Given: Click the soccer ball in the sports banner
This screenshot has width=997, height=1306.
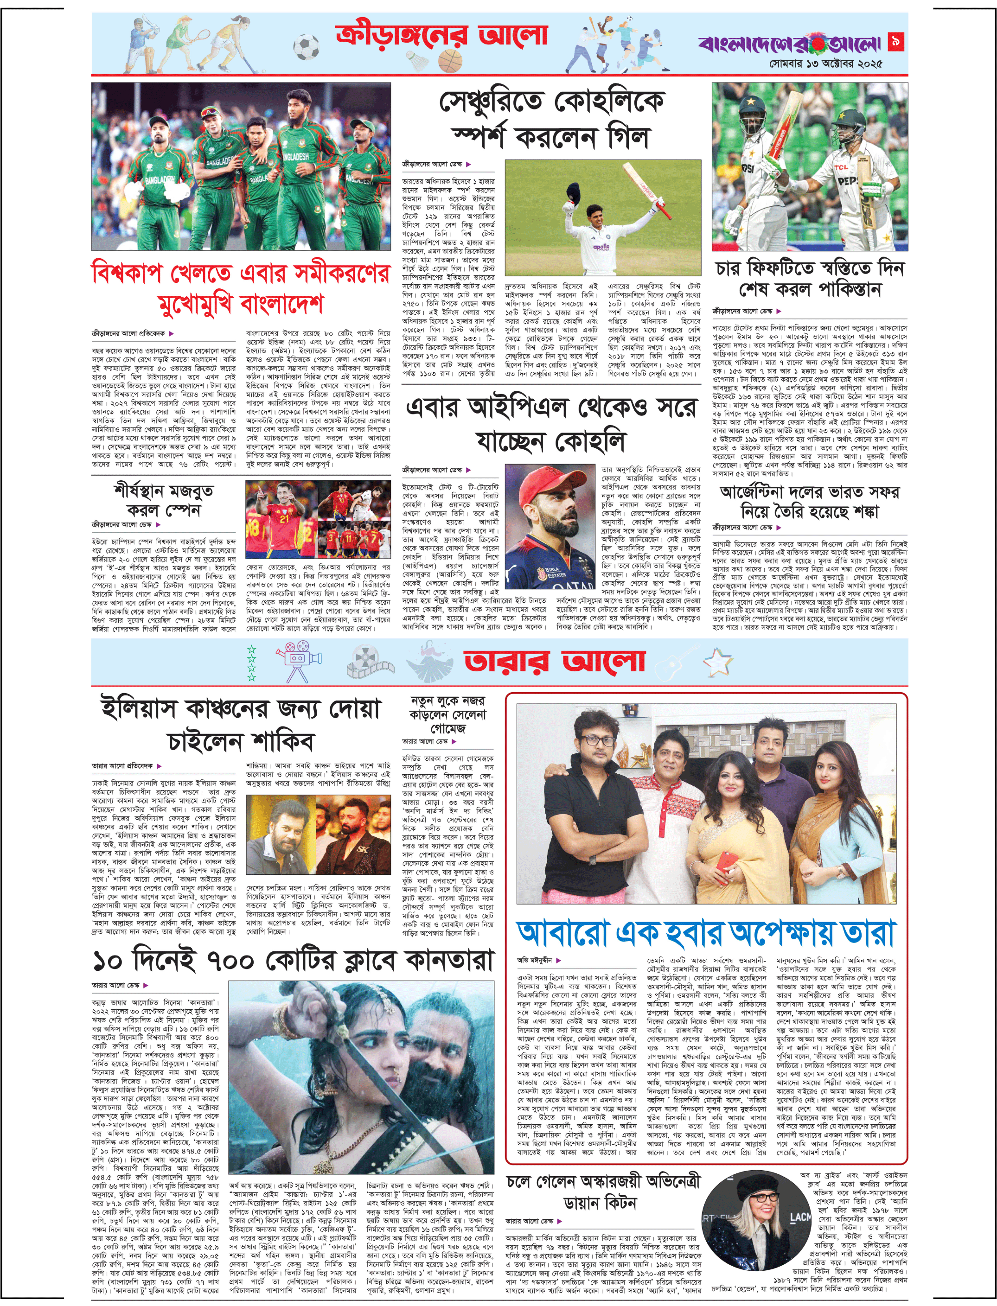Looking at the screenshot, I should click(306, 47).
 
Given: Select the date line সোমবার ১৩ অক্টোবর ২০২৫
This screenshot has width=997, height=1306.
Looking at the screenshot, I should click(825, 64).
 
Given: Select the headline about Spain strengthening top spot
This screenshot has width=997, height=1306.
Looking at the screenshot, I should click(164, 500).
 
